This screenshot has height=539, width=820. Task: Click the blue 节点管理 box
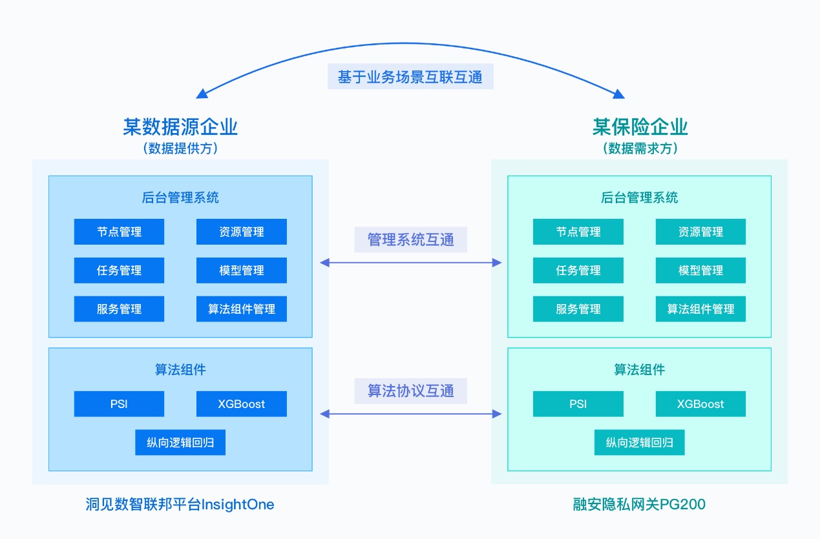tap(119, 232)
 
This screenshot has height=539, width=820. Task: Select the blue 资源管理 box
tap(241, 232)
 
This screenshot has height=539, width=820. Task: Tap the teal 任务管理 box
tap(578, 270)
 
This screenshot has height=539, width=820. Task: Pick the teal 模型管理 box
tap(700, 270)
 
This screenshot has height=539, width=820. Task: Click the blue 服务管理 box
tap(119, 309)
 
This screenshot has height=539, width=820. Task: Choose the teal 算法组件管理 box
tap(700, 309)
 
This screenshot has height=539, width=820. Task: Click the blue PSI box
tap(119, 404)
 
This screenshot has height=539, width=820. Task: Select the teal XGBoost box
tap(700, 404)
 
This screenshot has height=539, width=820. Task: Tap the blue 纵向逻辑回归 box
tap(180, 443)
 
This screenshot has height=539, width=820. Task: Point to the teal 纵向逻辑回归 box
tap(639, 443)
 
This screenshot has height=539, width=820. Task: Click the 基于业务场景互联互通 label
tap(410, 77)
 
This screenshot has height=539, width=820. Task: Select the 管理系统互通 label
tap(410, 240)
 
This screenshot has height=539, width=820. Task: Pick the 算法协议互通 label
tap(410, 391)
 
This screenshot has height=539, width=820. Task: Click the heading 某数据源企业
tap(180, 127)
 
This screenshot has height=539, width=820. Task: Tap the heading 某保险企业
tap(640, 127)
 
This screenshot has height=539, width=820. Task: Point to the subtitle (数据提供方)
tap(180, 148)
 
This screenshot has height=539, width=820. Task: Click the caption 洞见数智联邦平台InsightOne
tap(180, 505)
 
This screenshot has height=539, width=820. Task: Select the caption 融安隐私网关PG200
tap(639, 505)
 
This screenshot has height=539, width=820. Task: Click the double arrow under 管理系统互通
tap(411, 263)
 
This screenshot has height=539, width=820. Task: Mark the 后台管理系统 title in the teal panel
tap(639, 198)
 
